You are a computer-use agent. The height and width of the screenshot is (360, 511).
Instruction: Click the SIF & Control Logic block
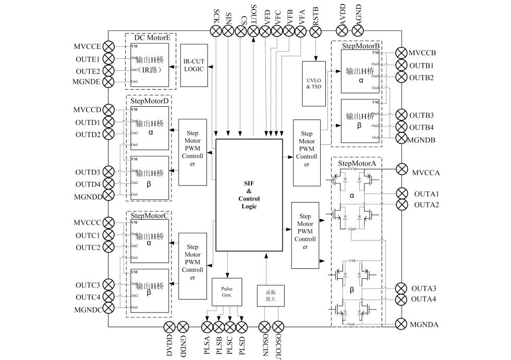click(x=249, y=195)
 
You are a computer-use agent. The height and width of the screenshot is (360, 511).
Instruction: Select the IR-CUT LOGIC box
click(x=193, y=65)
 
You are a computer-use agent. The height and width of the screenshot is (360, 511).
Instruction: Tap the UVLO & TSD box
click(x=314, y=83)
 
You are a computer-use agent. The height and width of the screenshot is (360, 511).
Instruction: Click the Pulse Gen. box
click(x=226, y=292)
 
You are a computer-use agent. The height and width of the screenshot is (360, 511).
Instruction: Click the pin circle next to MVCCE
click(x=108, y=47)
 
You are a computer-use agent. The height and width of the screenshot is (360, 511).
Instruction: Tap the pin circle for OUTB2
click(x=401, y=78)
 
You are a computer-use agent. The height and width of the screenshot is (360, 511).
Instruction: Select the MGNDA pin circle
click(x=401, y=324)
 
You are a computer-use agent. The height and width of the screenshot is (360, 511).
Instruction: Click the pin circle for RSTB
click(x=315, y=31)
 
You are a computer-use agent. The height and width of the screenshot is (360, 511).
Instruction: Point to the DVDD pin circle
click(x=170, y=327)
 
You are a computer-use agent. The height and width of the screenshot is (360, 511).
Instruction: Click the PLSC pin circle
click(x=230, y=327)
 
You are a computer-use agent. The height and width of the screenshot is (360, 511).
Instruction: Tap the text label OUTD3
click(x=88, y=172)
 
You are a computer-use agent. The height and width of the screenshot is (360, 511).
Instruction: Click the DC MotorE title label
click(x=151, y=38)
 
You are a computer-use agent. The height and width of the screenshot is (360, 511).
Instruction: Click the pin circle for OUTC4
click(x=108, y=297)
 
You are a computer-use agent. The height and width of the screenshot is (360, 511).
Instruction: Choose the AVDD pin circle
click(x=342, y=31)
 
